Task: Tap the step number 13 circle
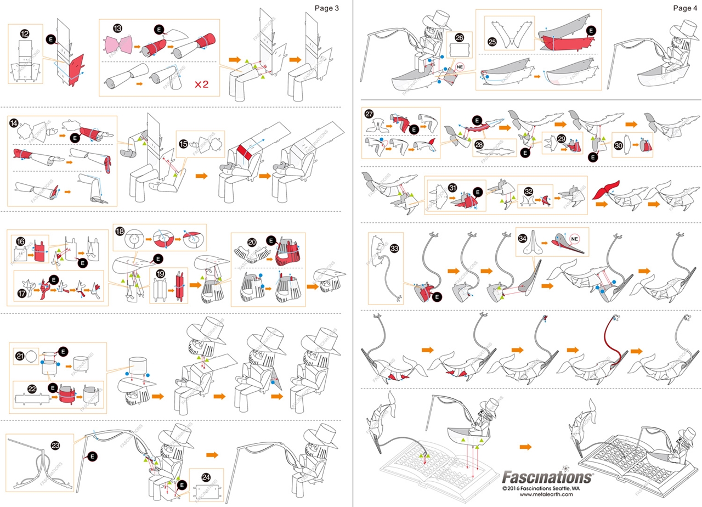(118, 28)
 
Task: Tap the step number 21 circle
(20, 356)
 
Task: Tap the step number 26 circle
(460, 38)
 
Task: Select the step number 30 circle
(619, 147)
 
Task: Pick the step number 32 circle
(529, 192)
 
